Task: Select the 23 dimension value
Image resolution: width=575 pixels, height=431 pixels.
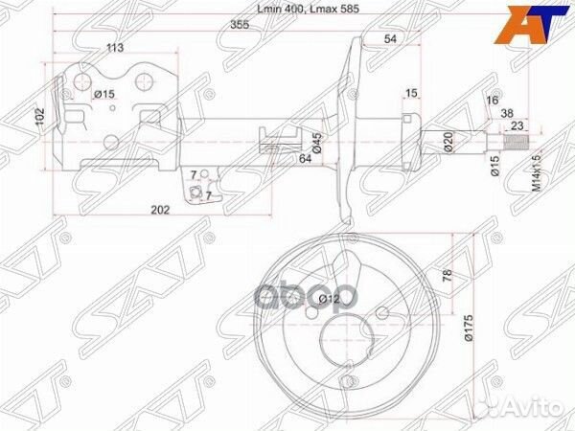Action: (516, 125)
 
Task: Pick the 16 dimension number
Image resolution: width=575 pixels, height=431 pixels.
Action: (493, 100)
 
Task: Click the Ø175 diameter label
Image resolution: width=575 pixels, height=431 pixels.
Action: (470, 330)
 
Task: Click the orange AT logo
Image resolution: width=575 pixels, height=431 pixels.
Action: (522, 29)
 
